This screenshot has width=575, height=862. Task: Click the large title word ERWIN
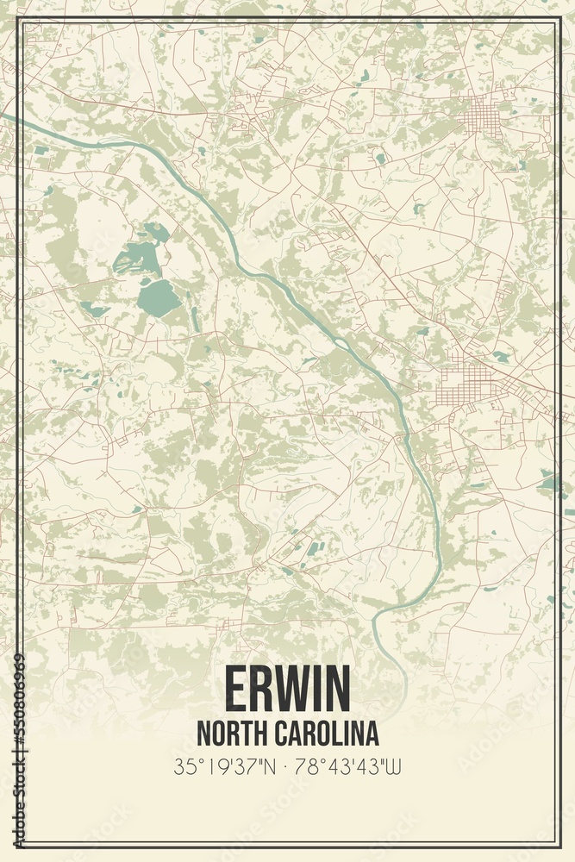(288, 688)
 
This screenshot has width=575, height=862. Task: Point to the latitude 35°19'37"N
(224, 765)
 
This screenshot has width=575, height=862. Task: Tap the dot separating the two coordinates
(287, 765)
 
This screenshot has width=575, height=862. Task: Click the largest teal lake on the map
(159, 297)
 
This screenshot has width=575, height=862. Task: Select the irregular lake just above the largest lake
(138, 254)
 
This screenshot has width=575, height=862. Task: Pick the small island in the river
(342, 345)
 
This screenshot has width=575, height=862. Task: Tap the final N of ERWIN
(339, 688)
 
